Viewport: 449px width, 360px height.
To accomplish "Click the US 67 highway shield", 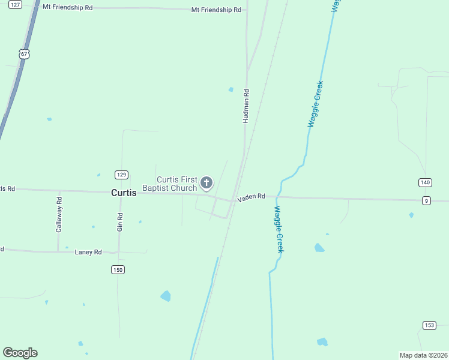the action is [x=24, y=54].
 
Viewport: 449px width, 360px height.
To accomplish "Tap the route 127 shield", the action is [x=16, y=4].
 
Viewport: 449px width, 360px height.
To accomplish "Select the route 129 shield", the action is [x=121, y=175].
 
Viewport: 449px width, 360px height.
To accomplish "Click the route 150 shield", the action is [x=118, y=270].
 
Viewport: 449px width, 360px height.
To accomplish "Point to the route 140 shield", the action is [x=426, y=182].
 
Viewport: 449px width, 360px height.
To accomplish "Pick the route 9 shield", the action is [x=426, y=200].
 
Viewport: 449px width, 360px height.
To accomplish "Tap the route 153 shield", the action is [x=429, y=325].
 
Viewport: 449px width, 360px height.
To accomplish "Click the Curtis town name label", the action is [x=124, y=193].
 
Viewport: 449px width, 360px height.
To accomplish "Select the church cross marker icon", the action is [x=206, y=182].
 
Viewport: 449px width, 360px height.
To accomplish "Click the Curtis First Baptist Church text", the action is [x=176, y=184].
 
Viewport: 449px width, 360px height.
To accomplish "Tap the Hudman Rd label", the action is [x=246, y=107].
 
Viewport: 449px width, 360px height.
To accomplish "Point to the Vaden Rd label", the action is [x=251, y=197].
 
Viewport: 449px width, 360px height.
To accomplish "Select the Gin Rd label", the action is [x=120, y=222].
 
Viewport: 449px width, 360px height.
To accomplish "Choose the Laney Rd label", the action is [x=88, y=252].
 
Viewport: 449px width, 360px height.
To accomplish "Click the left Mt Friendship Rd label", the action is [x=68, y=8].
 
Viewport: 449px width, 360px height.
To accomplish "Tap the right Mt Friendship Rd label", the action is [x=216, y=10].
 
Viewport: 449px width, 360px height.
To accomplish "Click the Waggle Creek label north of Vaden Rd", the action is [x=316, y=103].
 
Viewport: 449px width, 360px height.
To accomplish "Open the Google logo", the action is [x=20, y=353].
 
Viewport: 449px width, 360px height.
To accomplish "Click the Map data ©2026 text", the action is [x=424, y=355].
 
